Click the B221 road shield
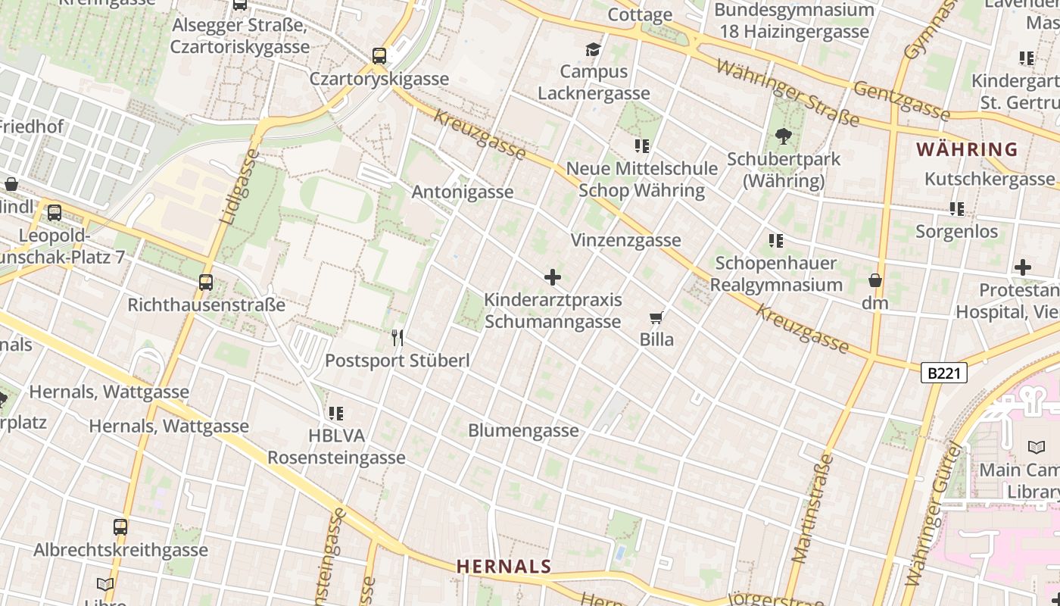coord(944,373)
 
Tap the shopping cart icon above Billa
coord(656,318)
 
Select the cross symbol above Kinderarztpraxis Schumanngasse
coord(553,277)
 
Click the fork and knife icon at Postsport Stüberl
coord(397,338)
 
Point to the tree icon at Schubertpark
coord(783,137)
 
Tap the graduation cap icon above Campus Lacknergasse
coord(593,50)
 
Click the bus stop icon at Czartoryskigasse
coord(379,56)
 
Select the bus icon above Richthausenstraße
coord(206,283)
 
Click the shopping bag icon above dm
coord(875,280)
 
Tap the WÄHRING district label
coord(967,149)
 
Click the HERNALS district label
coord(503,566)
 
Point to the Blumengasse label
coord(523,430)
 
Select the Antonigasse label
coord(463,192)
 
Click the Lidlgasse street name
coord(240,186)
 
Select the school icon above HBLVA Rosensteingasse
coord(336,414)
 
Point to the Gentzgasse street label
coord(901,100)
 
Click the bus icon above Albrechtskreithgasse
coord(120,527)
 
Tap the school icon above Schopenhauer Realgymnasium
coord(776,241)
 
